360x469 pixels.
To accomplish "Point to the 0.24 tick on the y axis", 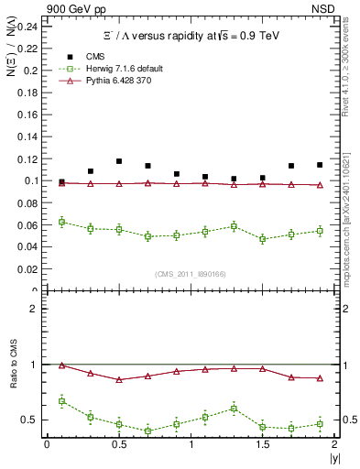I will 28,26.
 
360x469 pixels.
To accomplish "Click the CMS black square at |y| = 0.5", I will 119,161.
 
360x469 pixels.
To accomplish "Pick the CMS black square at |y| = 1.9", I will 320,165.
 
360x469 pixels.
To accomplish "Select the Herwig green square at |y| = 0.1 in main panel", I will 61,222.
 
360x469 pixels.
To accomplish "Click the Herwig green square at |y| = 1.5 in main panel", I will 263,239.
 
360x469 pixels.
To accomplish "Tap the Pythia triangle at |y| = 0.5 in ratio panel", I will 119,379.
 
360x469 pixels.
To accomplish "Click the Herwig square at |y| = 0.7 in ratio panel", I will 147,431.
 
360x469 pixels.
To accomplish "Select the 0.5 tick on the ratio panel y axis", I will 33,420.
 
